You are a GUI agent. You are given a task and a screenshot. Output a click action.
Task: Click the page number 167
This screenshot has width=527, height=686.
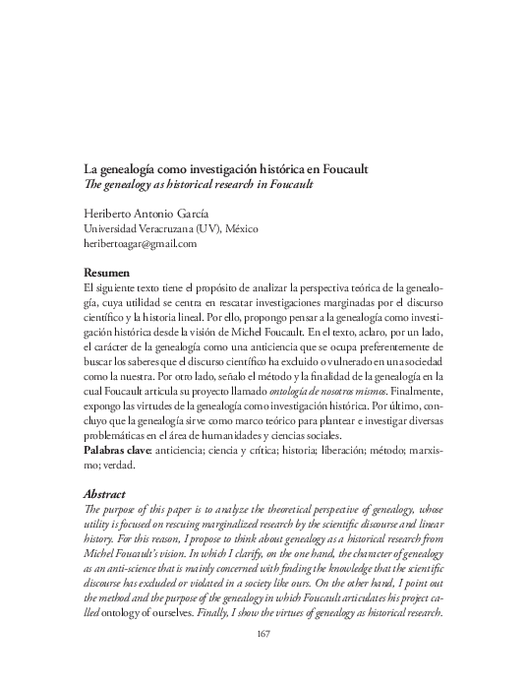(x=263, y=661)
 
